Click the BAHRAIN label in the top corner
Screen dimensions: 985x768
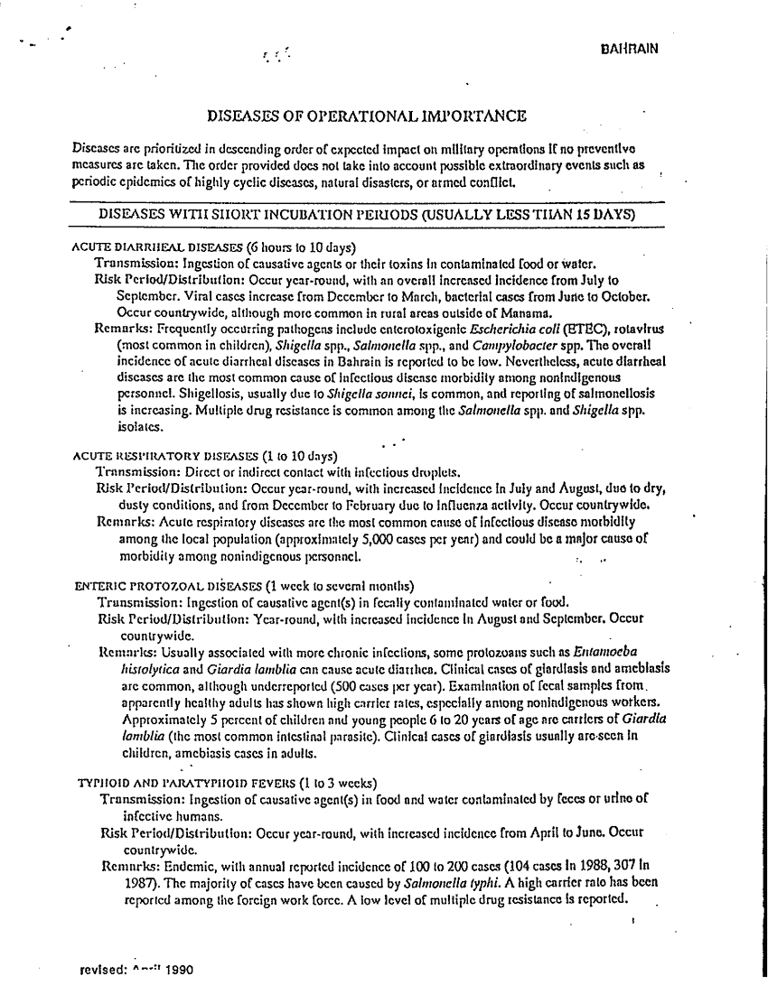click(x=627, y=50)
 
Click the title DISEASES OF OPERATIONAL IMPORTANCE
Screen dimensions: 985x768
click(x=367, y=116)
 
